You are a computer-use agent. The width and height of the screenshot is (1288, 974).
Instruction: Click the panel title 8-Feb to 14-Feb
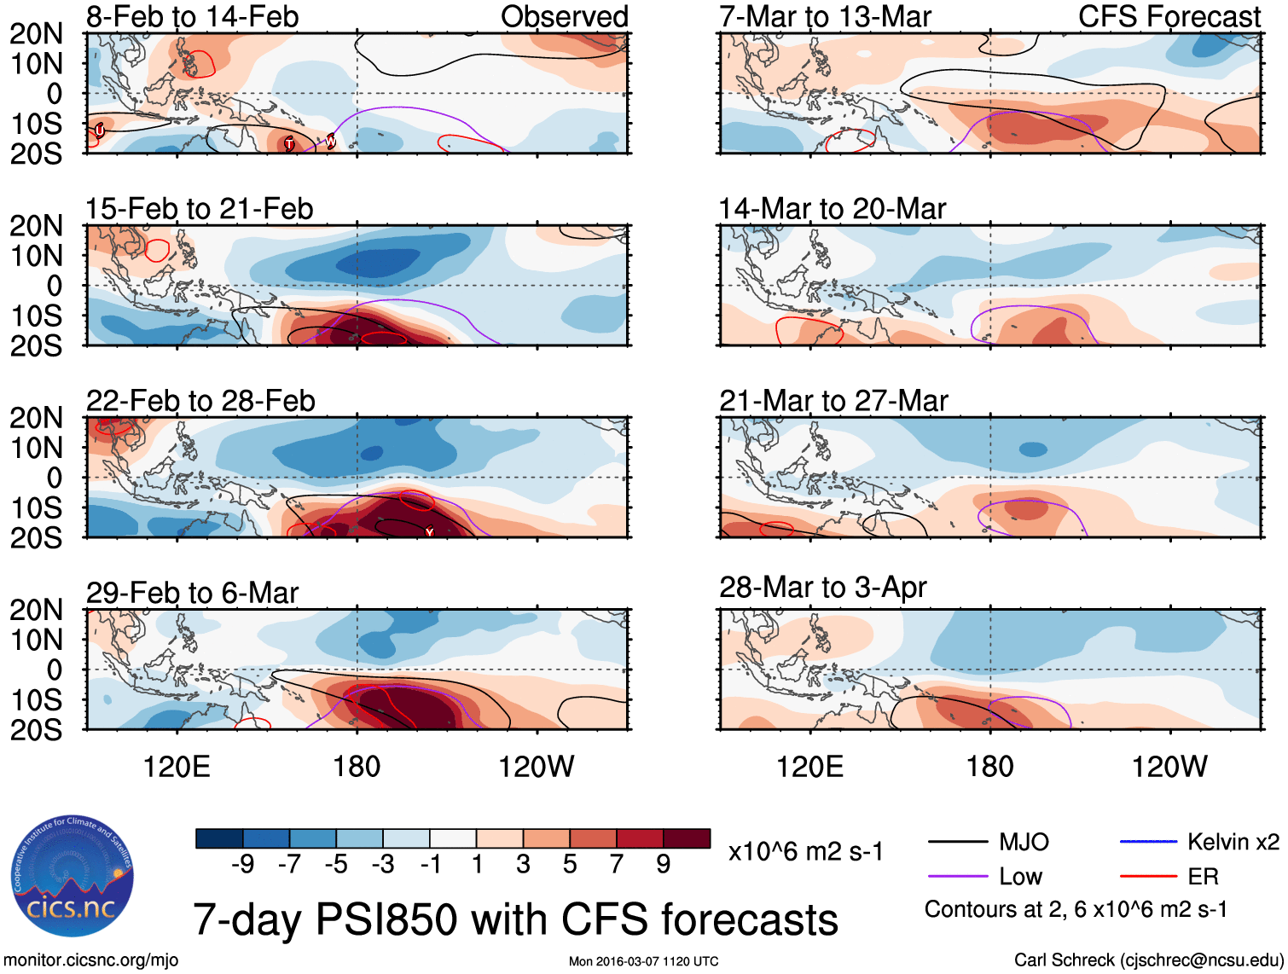192,16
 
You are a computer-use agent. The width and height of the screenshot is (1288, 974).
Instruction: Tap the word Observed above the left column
564,16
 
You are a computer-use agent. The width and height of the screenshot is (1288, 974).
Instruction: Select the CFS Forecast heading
1169,16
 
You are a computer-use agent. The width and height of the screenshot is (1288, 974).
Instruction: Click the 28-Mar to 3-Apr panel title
822,588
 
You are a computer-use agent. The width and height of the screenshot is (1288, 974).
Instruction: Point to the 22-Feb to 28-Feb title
200,401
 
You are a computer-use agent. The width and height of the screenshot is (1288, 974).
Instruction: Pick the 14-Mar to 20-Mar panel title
832,209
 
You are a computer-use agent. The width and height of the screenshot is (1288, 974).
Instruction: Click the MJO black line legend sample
957,843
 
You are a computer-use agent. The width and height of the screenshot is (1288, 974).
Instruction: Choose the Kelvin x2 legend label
1233,843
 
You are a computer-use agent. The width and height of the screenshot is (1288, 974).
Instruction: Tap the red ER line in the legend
1147,876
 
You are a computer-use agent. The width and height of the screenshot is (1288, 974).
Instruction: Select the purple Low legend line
957,876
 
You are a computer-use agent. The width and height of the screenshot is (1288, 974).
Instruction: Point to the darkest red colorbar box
687,838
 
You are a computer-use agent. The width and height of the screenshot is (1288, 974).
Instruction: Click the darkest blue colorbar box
218,838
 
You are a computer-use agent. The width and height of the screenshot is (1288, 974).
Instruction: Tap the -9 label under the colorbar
242,865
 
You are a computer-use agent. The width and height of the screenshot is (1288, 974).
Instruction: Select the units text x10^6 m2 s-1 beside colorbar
805,851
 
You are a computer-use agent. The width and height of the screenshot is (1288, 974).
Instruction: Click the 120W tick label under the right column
1169,767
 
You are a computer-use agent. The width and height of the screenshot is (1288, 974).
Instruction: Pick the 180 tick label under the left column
357,767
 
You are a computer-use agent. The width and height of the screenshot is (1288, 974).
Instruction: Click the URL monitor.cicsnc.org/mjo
91,960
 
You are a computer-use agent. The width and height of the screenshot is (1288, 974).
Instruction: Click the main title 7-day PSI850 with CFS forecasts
515,919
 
